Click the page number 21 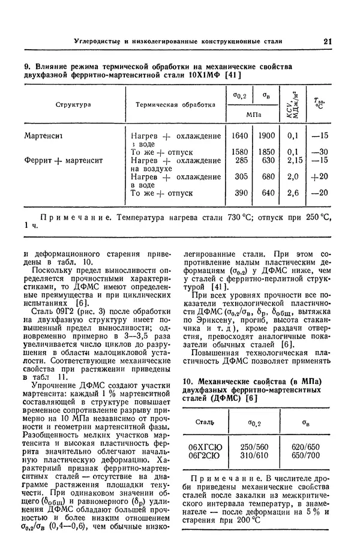(x=327, y=41)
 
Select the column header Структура (x=73, y=104)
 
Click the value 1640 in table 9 (x=239, y=136)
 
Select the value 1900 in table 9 (x=266, y=136)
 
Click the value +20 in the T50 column (x=320, y=177)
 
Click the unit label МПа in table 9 (x=253, y=113)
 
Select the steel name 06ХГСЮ (x=205, y=447)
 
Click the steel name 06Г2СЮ (x=205, y=456)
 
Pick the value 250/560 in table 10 (x=254, y=447)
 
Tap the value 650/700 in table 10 (x=305, y=456)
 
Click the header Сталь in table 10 (x=205, y=423)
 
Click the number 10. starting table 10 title (x=187, y=382)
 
